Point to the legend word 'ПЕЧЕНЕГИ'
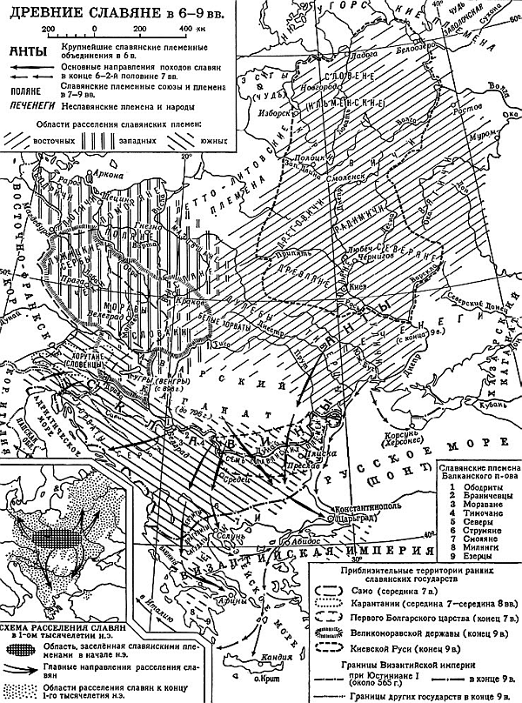33,104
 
